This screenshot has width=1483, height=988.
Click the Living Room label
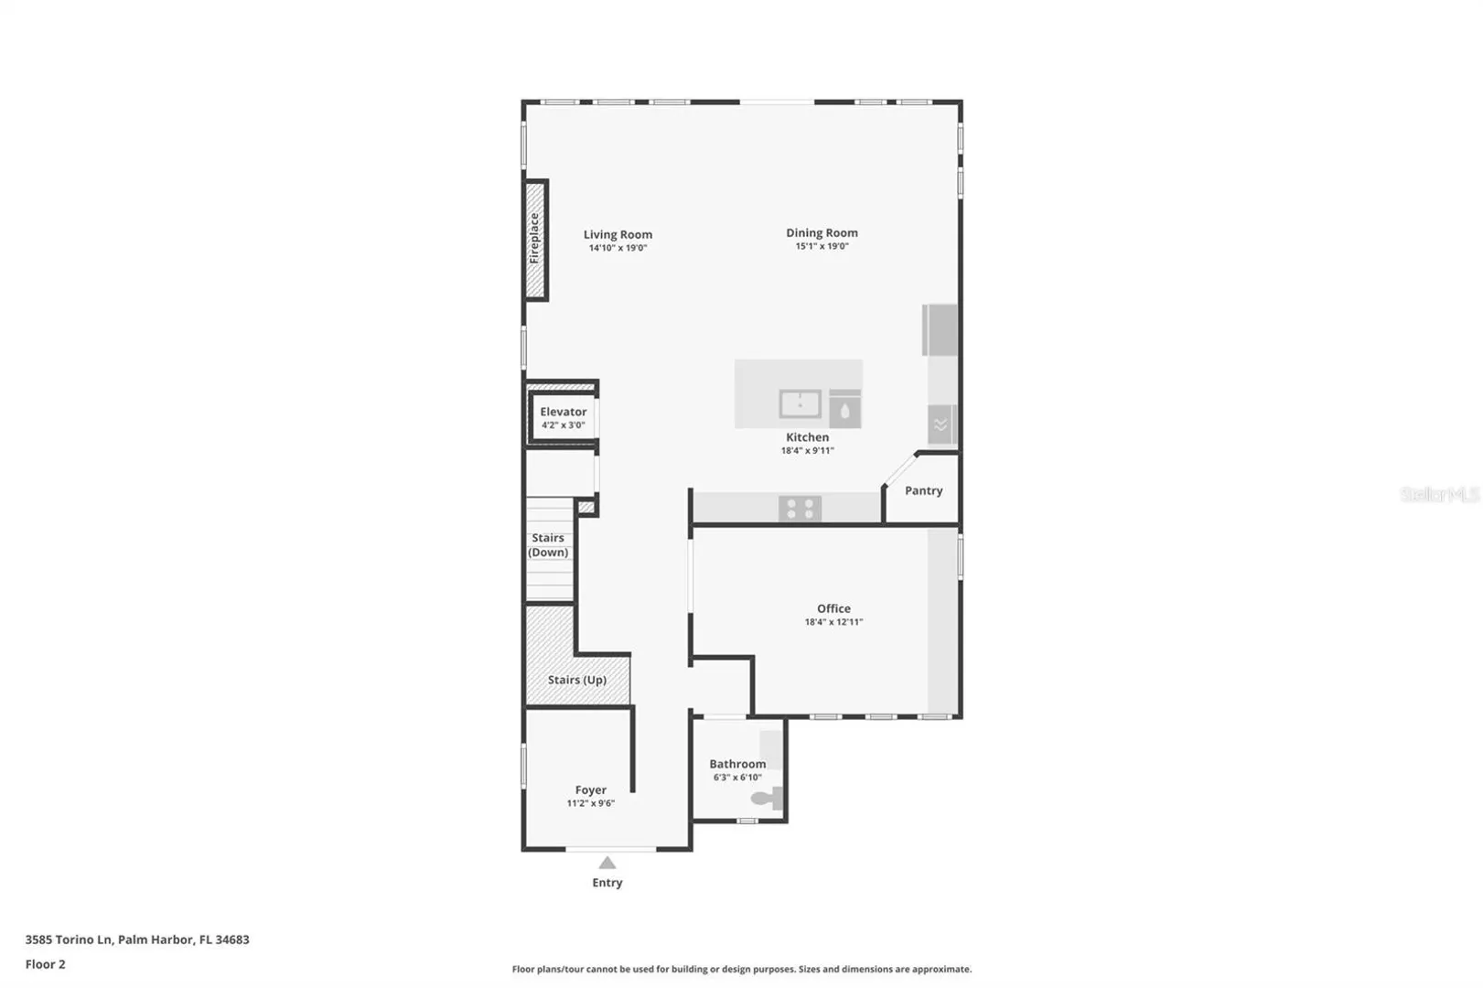point(618,234)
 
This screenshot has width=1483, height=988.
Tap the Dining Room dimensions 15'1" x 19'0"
point(822,246)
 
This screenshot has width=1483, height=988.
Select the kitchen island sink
point(800,404)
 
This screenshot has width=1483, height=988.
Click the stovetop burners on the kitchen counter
point(800,509)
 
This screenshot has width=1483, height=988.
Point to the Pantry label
point(924,490)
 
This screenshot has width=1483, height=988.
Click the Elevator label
point(563,412)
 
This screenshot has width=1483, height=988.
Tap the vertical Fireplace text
point(534,239)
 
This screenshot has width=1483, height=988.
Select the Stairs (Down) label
point(548,545)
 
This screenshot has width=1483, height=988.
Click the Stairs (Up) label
point(577,680)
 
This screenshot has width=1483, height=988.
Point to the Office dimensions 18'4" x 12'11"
point(833,622)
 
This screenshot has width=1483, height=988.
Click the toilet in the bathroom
point(767,798)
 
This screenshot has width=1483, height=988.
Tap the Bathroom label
point(737,764)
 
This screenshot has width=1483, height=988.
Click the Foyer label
point(591,790)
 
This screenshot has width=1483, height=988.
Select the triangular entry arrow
point(607,863)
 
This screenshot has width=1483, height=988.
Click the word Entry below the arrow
point(607,883)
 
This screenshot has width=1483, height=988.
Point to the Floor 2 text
point(46,964)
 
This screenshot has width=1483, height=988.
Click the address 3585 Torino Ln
point(69,940)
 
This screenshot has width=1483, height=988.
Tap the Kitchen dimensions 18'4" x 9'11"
point(807,451)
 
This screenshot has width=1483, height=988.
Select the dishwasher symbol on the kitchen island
point(844,409)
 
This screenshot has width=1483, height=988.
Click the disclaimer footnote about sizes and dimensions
point(741,969)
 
